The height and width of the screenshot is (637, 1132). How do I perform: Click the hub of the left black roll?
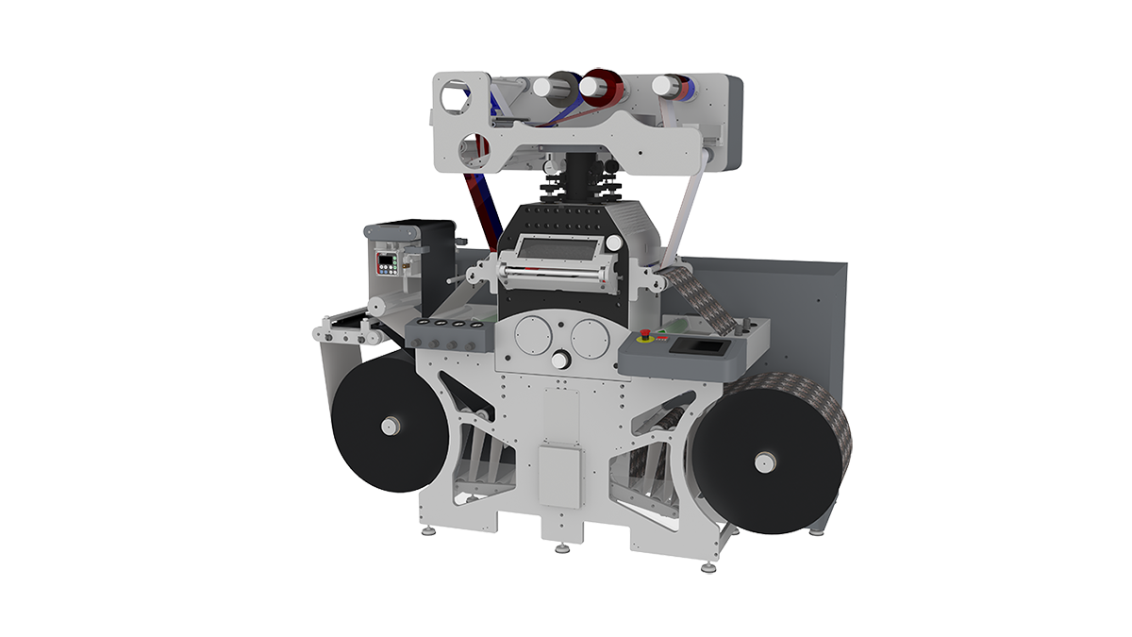(387, 427)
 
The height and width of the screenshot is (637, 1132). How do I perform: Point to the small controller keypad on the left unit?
(387, 262)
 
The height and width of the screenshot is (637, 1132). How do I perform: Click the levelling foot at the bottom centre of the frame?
(562, 547)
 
